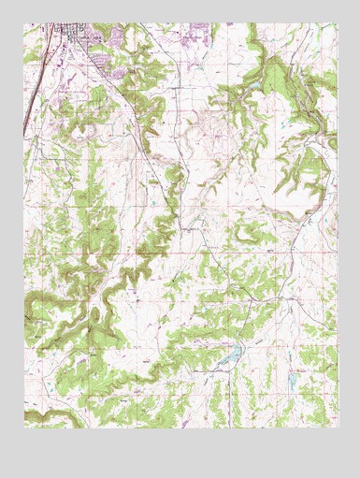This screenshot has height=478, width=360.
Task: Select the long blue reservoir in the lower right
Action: [231, 355]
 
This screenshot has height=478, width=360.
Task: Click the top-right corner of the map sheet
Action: [336, 24]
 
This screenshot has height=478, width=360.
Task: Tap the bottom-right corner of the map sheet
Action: [336, 427]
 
